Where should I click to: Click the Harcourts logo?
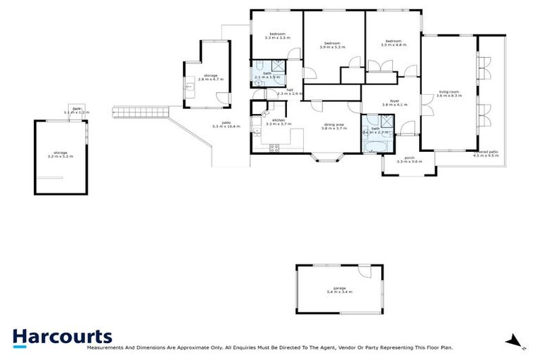pyautogui.click(x=62, y=336)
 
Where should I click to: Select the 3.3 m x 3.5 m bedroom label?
pyautogui.click(x=277, y=35)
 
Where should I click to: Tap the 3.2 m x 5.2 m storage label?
pyautogui.click(x=60, y=154)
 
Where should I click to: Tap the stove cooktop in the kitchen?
pyautogui.click(x=274, y=147)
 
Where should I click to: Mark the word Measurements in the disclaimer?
pyautogui.click(x=105, y=347)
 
